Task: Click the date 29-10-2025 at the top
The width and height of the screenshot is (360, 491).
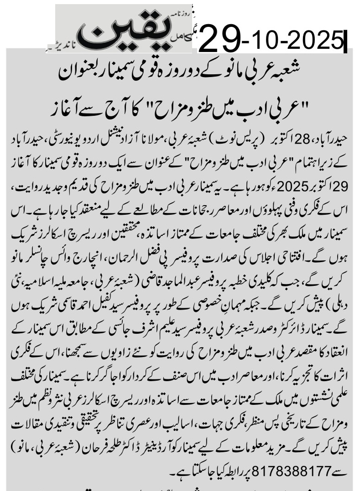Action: pyautogui.click(x=272, y=39)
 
